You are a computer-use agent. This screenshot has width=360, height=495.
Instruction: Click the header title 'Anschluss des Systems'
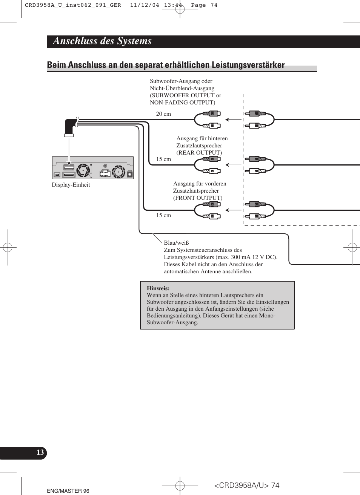pyautogui.click(x=102, y=41)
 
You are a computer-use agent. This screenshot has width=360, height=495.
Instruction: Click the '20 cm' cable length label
pyautogui.click(x=163, y=114)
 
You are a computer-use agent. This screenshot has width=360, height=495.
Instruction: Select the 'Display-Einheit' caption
pyautogui.click(x=71, y=185)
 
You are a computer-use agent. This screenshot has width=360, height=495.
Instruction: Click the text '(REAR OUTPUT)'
pyautogui.click(x=199, y=153)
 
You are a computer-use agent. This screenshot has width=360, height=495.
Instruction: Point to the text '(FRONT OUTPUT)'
pyautogui.click(x=198, y=198)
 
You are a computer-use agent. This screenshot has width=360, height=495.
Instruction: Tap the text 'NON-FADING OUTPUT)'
pyautogui.click(x=183, y=103)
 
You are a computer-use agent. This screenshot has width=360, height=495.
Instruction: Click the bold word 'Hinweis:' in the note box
pyautogui.click(x=158, y=288)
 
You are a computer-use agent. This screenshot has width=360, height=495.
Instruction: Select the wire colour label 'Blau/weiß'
pyautogui.click(x=176, y=243)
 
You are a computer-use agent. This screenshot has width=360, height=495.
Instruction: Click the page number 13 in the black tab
pyautogui.click(x=40, y=452)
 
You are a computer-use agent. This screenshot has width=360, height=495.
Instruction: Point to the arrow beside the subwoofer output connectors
pyautogui.click(x=234, y=120)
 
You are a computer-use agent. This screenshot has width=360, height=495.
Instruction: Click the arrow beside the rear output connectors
pyautogui.click(x=234, y=165)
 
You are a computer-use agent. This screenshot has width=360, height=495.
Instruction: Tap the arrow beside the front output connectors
pyautogui.click(x=234, y=210)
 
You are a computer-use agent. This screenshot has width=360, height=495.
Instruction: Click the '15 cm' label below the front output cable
pyautogui.click(x=163, y=215)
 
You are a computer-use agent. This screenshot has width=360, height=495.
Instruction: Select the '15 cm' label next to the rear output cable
pyautogui.click(x=163, y=159)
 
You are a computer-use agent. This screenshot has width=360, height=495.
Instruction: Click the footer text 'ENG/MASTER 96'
pyautogui.click(x=68, y=491)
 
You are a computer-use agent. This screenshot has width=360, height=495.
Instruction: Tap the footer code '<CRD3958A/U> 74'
pyautogui.click(x=247, y=486)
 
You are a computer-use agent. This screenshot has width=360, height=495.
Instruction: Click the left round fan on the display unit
pyautogui.click(x=83, y=170)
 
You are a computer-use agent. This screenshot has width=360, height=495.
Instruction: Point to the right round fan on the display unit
pyautogui.click(x=118, y=172)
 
